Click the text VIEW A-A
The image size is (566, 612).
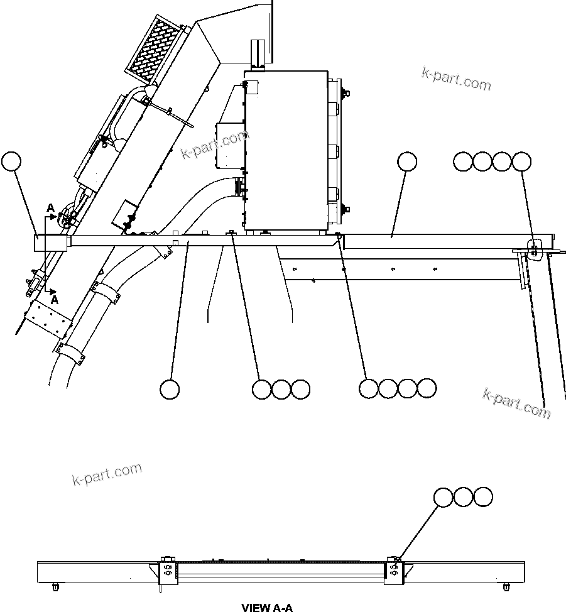(x=267, y=607)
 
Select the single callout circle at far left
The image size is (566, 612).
(x=11, y=161)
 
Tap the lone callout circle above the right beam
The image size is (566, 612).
(x=407, y=161)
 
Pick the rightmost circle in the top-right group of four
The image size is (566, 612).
(x=521, y=162)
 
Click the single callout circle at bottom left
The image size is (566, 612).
(x=170, y=389)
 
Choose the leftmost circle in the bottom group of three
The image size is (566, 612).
(x=261, y=389)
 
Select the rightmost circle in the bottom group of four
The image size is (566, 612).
(x=427, y=388)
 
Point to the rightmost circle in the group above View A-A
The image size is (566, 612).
(x=483, y=497)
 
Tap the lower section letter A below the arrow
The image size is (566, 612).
(x=55, y=300)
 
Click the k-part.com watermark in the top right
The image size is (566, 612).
(x=456, y=79)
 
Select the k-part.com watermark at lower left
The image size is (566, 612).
(x=107, y=475)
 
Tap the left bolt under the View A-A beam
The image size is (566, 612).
(x=55, y=587)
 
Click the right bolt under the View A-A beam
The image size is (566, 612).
(x=506, y=587)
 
